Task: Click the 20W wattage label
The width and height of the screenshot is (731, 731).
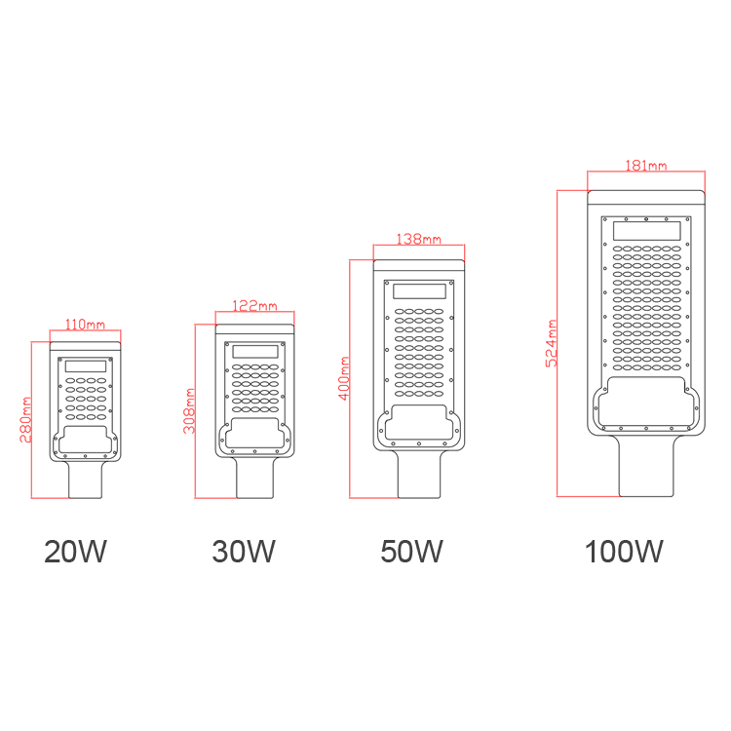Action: point(75,552)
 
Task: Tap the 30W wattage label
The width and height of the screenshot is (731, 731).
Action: point(244,552)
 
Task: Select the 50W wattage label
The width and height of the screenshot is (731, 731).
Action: point(411,552)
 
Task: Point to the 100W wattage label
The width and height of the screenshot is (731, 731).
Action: point(624,552)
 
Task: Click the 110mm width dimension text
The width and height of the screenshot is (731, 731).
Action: point(85,324)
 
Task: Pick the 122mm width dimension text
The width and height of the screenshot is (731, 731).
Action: point(254,305)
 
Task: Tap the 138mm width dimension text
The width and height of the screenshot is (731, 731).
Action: point(419,239)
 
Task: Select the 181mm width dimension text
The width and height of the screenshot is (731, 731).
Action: point(646,166)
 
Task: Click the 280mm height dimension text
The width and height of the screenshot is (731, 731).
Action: point(25,419)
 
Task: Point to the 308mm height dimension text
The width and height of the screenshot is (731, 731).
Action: point(189,410)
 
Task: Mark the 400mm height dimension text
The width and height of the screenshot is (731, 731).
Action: point(344,378)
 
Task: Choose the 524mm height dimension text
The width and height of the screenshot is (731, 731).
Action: point(551,343)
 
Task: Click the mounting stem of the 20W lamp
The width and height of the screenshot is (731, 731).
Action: point(86,480)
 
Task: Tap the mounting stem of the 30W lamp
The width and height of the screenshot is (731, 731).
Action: point(255,478)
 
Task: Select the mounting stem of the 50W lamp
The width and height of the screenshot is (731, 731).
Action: point(419,474)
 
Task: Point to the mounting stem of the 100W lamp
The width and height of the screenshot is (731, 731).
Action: point(646,466)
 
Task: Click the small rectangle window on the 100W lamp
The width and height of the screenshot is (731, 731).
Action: point(646,231)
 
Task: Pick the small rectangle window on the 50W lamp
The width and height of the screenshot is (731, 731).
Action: point(419,291)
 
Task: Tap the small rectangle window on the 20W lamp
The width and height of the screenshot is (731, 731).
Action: point(86,365)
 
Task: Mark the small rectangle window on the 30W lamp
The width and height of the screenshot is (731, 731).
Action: point(255,352)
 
